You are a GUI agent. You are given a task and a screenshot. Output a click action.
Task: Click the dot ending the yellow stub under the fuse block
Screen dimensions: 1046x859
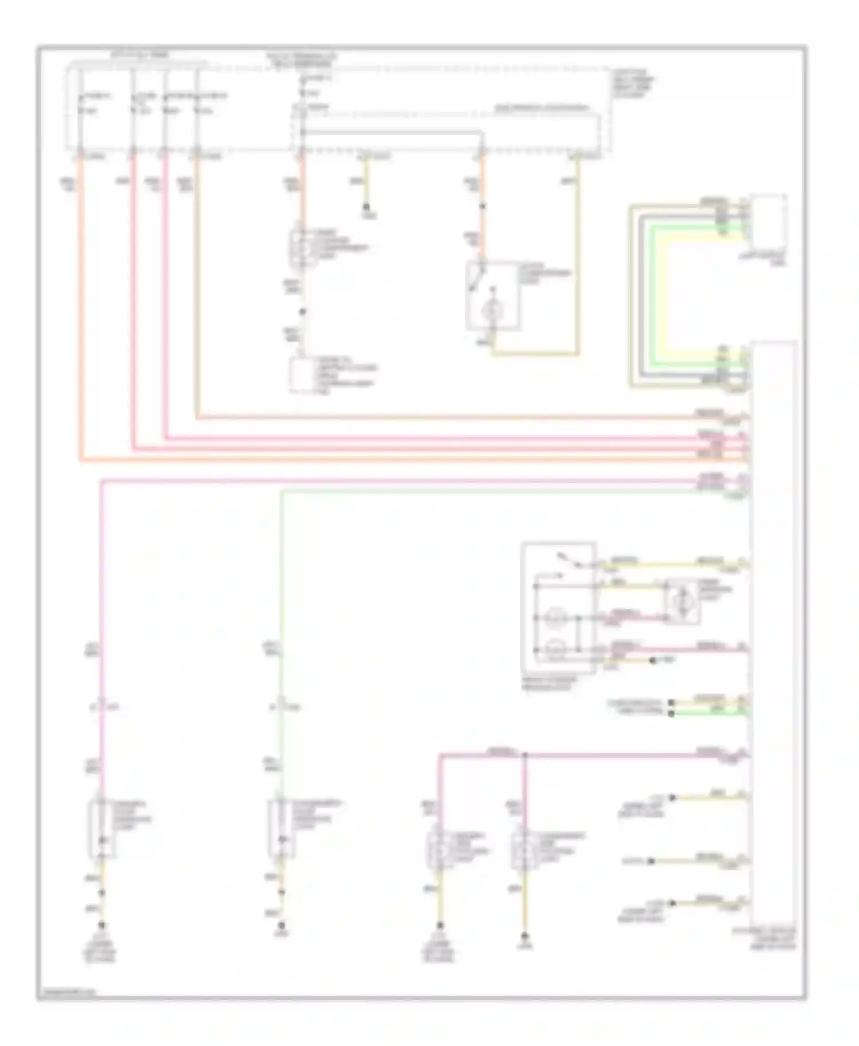367,207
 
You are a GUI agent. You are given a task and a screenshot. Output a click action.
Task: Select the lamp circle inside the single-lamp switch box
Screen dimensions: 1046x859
491,311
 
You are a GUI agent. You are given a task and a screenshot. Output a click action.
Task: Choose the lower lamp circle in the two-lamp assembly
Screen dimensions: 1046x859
554,649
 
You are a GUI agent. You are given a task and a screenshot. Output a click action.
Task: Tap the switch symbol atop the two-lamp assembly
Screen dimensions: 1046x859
567,561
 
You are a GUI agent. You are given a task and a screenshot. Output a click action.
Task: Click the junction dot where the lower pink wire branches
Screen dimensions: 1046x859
525,756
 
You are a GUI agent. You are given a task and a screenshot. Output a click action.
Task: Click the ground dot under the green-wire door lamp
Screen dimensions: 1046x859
281,925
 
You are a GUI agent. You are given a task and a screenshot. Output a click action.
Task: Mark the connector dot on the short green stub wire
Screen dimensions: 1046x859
672,713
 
